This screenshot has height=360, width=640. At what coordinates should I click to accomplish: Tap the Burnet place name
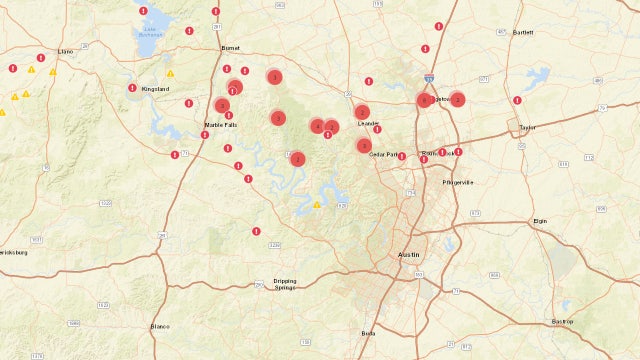click(x=231, y=47)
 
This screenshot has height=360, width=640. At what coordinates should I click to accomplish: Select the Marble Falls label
click(x=220, y=125)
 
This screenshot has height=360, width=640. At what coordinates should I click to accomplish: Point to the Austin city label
click(x=409, y=256)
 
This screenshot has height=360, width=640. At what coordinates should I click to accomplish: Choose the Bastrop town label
click(x=561, y=321)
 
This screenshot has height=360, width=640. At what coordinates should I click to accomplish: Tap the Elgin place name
click(x=541, y=220)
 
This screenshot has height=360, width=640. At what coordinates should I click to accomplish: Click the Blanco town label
click(x=160, y=327)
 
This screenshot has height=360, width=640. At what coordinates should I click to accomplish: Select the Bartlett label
click(x=523, y=33)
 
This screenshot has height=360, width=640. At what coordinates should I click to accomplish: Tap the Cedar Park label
click(x=383, y=155)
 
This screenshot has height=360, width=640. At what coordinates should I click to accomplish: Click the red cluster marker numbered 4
click(x=317, y=126)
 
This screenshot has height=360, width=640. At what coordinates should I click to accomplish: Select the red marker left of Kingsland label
click(x=132, y=88)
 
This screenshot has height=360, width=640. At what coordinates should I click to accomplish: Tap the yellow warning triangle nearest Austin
click(x=317, y=205)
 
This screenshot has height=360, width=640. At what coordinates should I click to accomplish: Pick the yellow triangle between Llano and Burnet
click(x=171, y=73)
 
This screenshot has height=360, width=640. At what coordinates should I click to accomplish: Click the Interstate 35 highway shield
click(x=429, y=77)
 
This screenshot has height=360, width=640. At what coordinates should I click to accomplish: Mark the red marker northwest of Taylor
click(x=517, y=100)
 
